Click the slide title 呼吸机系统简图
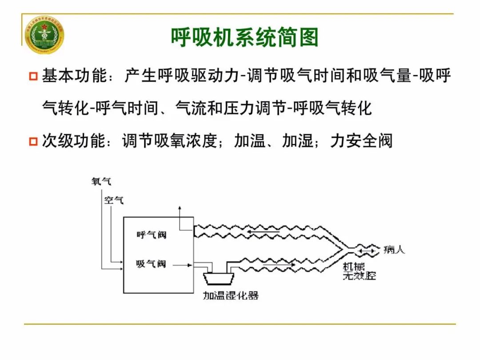[245, 37]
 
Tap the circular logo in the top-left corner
[44, 35]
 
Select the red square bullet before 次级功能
[33, 142]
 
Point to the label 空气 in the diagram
[113, 200]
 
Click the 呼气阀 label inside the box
[151, 235]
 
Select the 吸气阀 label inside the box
[151, 264]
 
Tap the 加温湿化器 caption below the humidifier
[231, 295]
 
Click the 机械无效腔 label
[359, 271]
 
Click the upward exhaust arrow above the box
[180, 211]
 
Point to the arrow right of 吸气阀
[182, 264]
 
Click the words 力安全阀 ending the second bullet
[361, 141]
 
